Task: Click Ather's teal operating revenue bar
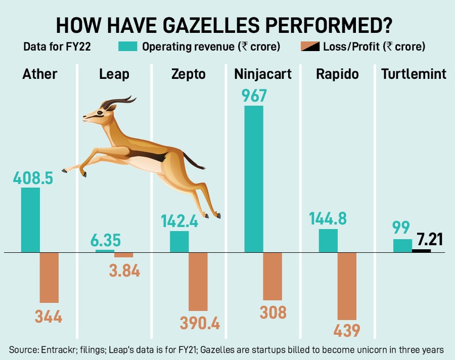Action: [x=30, y=220]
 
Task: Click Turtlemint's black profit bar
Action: [x=422, y=250]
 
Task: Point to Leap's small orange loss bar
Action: [x=123, y=255]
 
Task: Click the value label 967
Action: [x=254, y=96]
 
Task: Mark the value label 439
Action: [x=346, y=330]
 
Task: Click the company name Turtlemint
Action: [x=414, y=74]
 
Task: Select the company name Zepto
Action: [x=188, y=74]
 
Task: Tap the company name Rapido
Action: [x=337, y=74]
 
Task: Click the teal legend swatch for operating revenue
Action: [x=127, y=47]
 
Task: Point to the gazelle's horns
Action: [x=119, y=101]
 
